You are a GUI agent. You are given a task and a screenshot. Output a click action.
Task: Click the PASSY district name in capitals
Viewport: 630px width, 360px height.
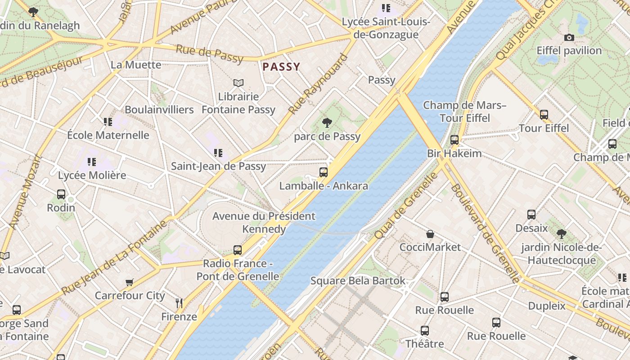pyautogui.click(x=281, y=67)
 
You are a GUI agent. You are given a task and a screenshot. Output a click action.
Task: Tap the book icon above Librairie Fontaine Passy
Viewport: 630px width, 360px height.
pyautogui.click(x=238, y=83)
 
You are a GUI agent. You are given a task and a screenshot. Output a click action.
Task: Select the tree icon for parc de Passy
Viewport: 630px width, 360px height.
pyautogui.click(x=327, y=122)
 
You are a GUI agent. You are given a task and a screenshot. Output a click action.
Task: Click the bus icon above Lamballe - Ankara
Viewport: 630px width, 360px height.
pyautogui.click(x=323, y=172)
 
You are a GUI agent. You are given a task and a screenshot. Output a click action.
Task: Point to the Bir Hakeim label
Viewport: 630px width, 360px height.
pyautogui.click(x=454, y=153)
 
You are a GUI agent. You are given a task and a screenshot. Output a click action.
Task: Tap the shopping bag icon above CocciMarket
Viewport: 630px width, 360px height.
pyautogui.click(x=430, y=234)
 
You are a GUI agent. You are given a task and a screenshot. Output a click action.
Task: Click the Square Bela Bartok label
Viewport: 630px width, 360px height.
pyautogui.click(x=358, y=281)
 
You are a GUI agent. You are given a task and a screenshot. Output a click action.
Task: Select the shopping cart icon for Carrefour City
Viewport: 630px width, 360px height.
pyautogui.click(x=130, y=282)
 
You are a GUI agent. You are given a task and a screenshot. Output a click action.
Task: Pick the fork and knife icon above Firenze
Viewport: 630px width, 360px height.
pyautogui.click(x=179, y=303)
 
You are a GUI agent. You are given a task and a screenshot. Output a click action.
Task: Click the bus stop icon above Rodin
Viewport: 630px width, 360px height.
pyautogui.click(x=61, y=194)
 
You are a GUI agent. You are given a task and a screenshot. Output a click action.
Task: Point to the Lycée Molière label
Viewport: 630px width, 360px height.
pyautogui.click(x=92, y=175)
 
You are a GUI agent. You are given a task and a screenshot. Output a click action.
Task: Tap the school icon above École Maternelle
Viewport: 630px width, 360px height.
pyautogui.click(x=108, y=121)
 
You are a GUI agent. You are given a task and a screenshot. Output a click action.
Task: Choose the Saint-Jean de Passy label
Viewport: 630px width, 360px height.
pyautogui.click(x=218, y=166)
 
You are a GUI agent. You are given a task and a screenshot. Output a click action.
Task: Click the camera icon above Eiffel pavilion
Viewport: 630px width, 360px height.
pyautogui.click(x=569, y=37)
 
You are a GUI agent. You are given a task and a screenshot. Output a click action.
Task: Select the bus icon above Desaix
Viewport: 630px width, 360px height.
pyautogui.click(x=531, y=215)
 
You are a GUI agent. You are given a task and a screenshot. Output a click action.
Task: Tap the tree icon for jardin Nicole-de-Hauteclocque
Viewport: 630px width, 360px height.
pyautogui.click(x=561, y=234)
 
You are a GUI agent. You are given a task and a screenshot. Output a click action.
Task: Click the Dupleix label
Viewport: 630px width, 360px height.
pyautogui.click(x=546, y=306)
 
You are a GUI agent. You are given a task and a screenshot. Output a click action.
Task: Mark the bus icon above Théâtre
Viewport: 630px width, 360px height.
pyautogui.click(x=424, y=331)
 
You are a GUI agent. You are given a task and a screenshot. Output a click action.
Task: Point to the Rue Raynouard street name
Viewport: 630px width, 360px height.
pyautogui.click(x=318, y=85)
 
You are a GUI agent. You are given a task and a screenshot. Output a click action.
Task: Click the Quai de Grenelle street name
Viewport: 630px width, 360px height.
pyautogui.click(x=406, y=206)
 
